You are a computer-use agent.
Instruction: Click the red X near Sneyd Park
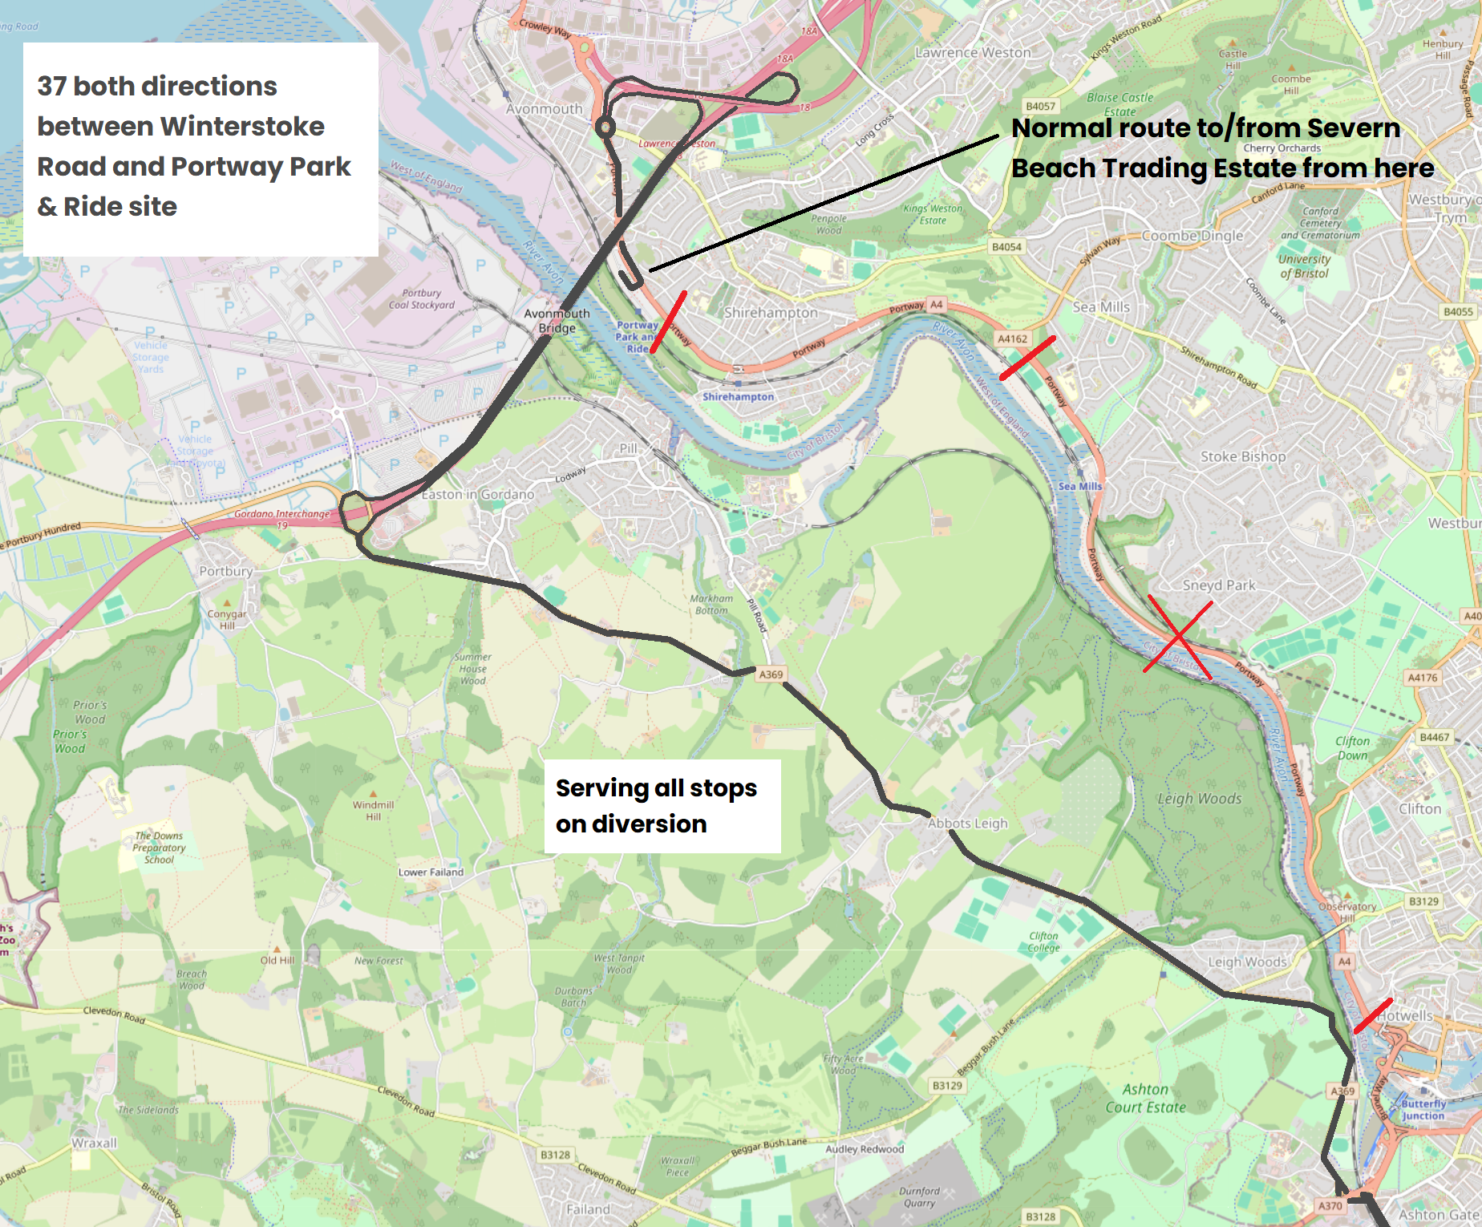[1178, 636]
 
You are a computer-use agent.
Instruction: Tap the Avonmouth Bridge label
[557, 321]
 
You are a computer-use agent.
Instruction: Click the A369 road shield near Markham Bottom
[771, 674]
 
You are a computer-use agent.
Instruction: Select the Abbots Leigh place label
[967, 824]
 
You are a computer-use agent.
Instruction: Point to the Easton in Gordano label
[478, 495]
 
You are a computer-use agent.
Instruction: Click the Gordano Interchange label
[281, 514]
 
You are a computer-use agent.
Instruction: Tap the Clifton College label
[1043, 942]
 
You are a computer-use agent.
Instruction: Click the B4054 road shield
[1006, 247]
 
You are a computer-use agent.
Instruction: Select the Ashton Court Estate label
[1145, 1099]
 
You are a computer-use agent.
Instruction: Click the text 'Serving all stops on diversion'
[656, 805]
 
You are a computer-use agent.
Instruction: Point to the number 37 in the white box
[52, 87]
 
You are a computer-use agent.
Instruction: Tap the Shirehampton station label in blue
[738, 397]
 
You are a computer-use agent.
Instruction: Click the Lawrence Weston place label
[973, 53]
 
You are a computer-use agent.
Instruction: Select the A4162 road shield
[1012, 339]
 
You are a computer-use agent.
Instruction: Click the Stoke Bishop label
[1242, 457]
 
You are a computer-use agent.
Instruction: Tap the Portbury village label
[225, 571]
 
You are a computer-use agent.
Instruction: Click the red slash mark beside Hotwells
[1373, 1015]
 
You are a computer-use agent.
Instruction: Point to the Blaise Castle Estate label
[1120, 104]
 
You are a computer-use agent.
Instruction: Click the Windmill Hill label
[373, 811]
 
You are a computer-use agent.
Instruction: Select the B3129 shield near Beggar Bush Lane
[947, 1086]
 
